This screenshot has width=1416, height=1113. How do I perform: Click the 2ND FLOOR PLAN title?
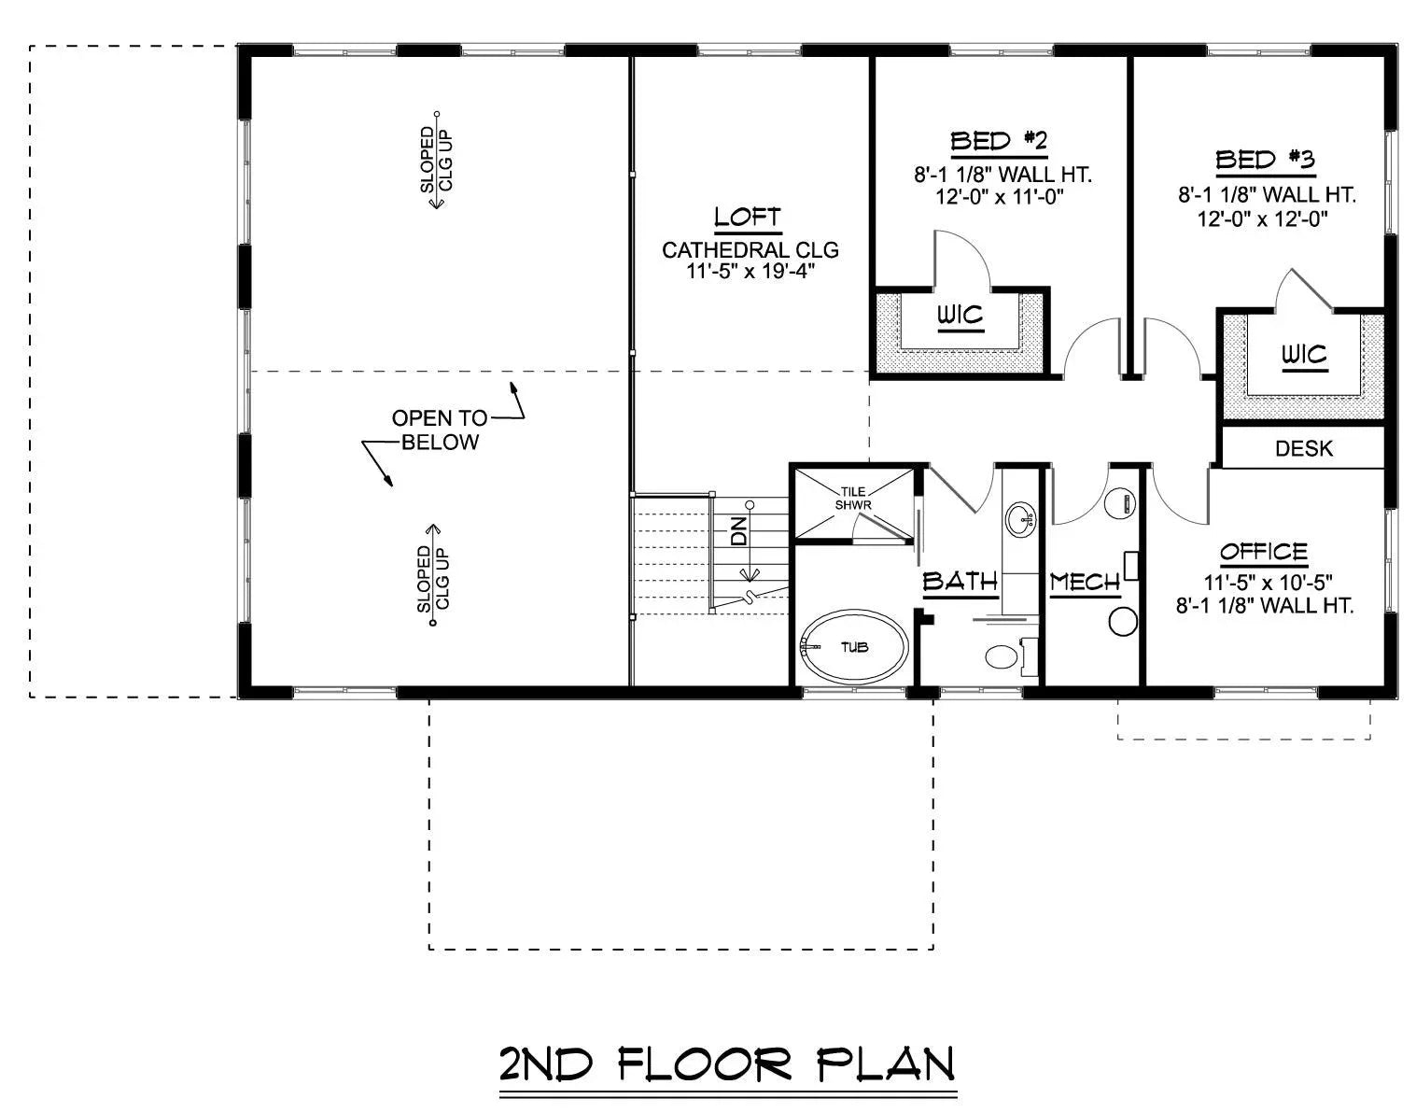pos(727,1064)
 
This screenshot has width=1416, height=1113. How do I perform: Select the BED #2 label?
pos(999,142)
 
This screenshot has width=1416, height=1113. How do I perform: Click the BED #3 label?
pos(1265,160)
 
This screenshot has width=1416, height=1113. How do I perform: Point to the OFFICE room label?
pos(1264,552)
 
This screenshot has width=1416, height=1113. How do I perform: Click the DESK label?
pos(1304,449)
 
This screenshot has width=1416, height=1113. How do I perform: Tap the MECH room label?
pos(1085,583)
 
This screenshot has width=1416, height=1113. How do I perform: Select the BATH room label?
pos(960,582)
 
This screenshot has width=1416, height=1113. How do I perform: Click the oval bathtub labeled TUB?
pos(854,647)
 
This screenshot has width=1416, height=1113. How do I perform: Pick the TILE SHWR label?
pos(853,498)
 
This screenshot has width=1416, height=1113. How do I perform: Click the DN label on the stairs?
pos(739,531)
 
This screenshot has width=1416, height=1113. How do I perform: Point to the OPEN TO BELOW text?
pos(440,430)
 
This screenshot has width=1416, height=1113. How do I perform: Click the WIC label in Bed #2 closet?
pos(960,316)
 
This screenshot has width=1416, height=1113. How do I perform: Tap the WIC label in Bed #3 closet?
pos(1304,355)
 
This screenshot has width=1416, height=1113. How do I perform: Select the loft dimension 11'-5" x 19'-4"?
pos(750,271)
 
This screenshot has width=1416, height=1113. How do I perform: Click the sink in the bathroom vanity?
pos(1019,516)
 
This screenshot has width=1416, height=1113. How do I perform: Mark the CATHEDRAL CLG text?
pos(750,250)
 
